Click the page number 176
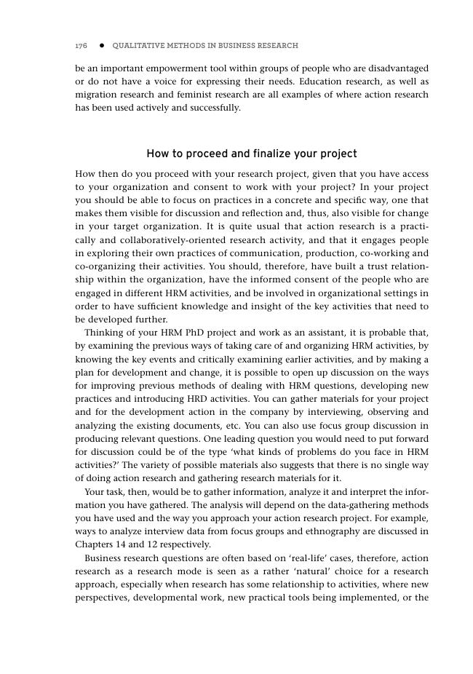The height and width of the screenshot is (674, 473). (82, 46)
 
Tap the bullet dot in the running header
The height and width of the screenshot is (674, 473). (101, 46)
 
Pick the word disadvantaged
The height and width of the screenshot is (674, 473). (397, 68)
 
